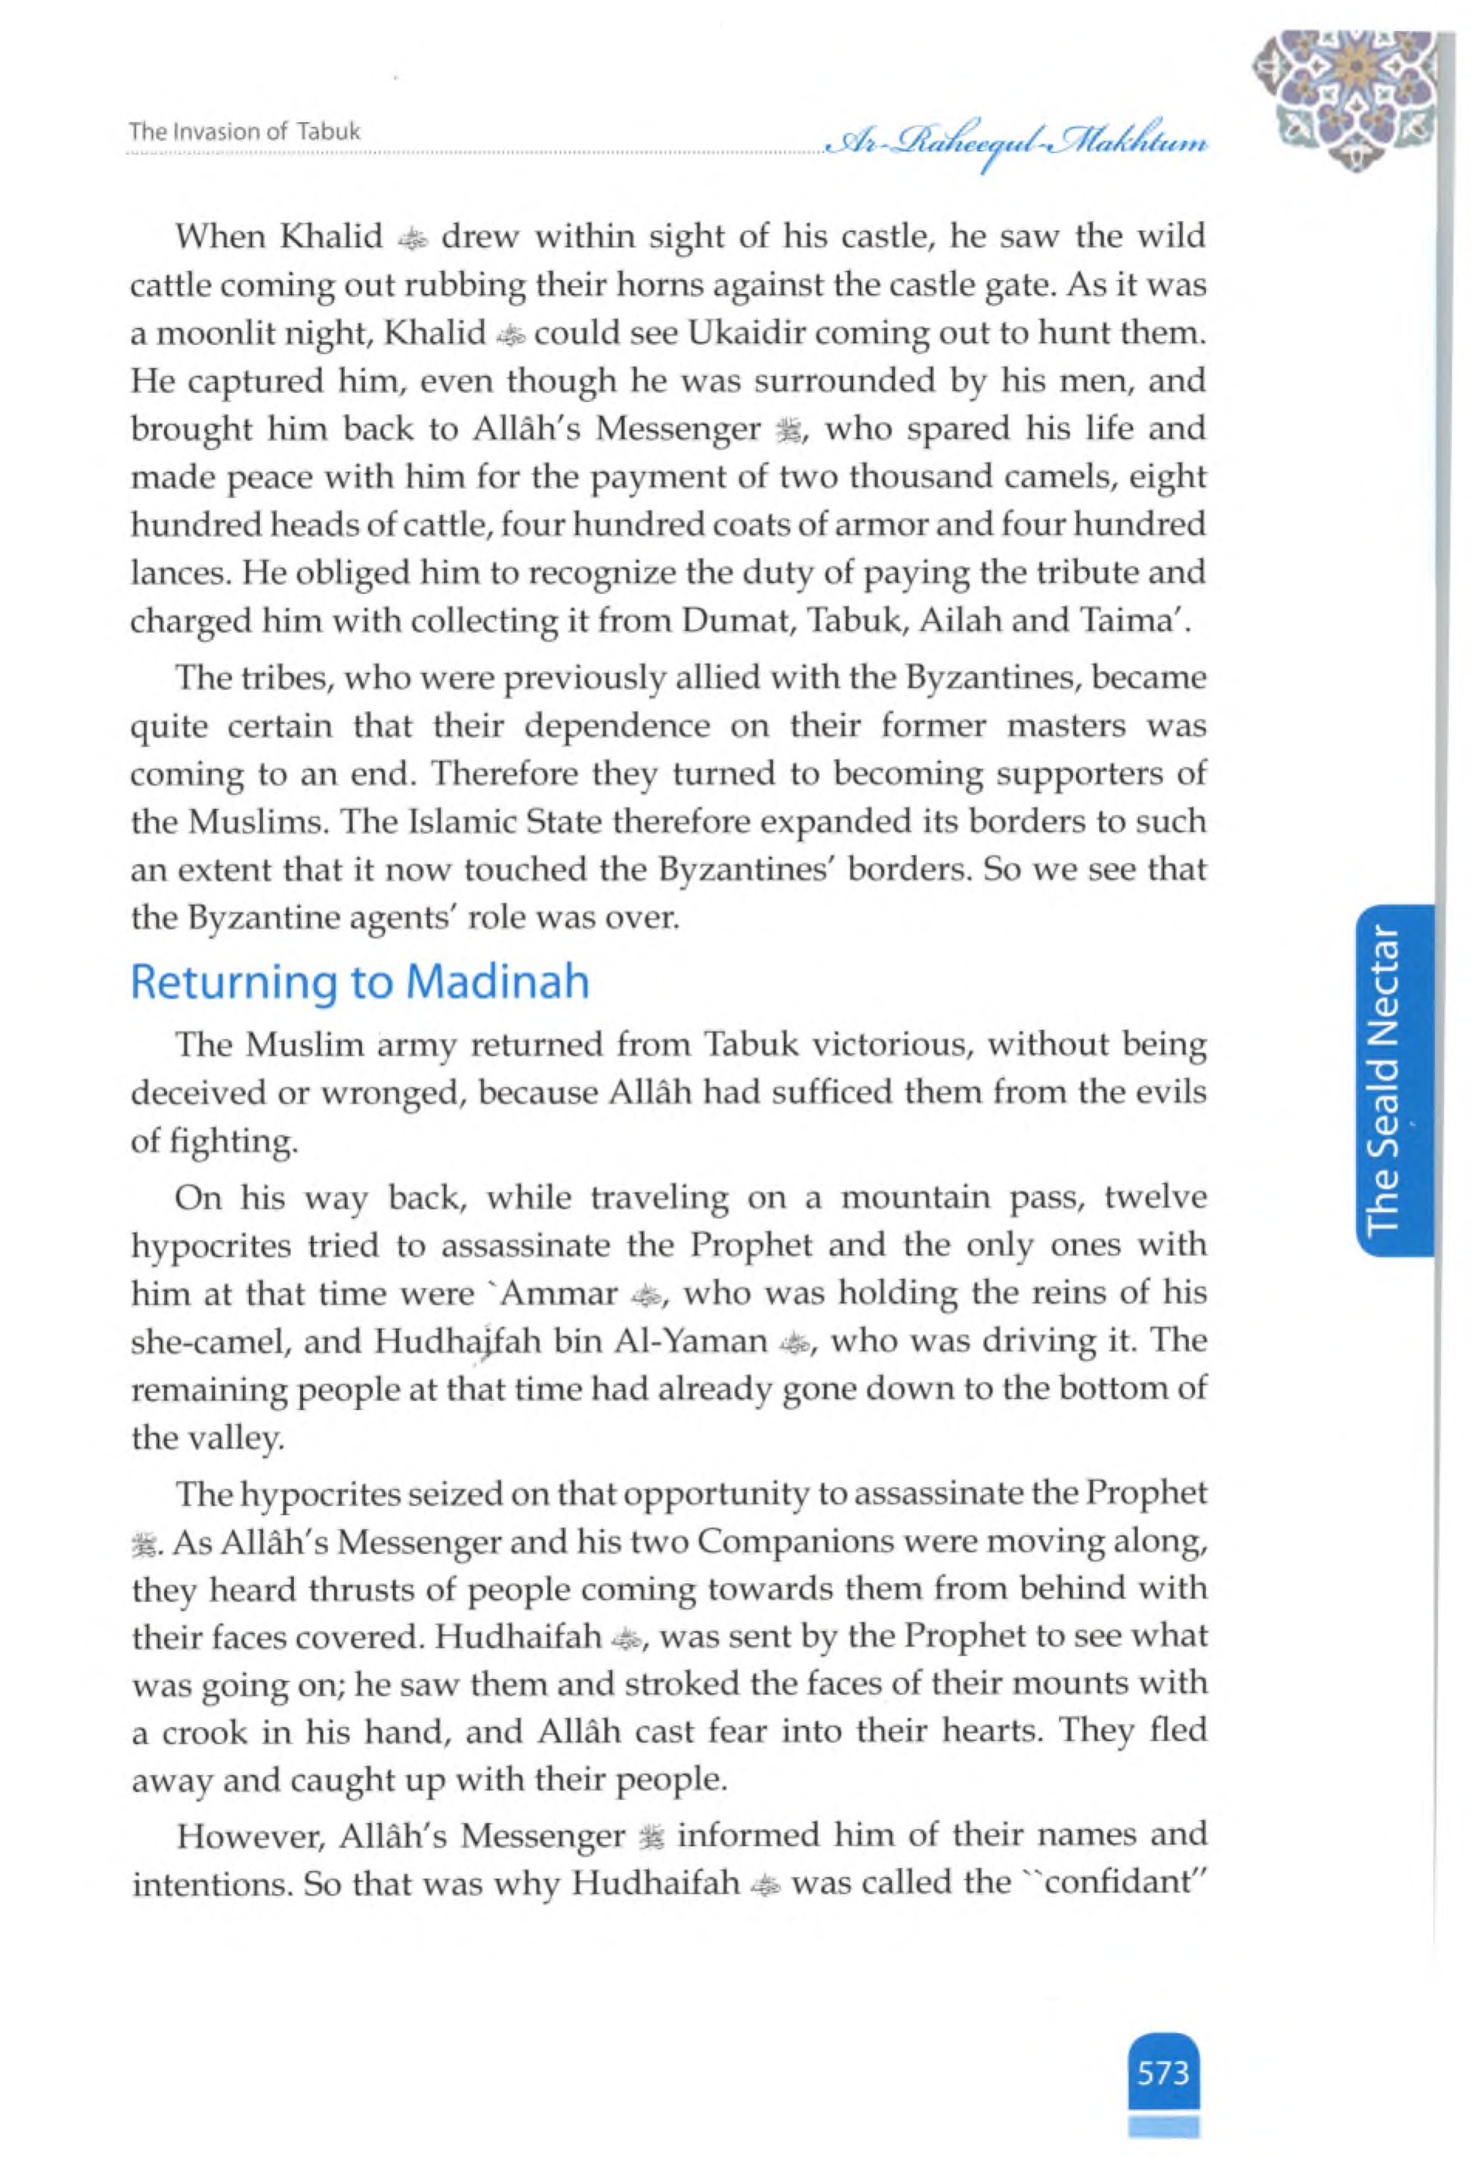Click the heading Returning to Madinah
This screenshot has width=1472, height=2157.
tap(360, 983)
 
